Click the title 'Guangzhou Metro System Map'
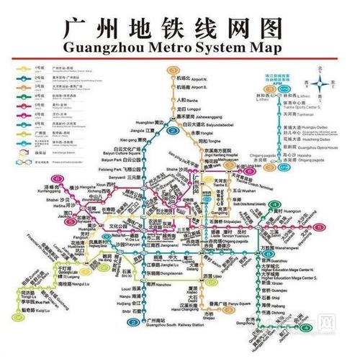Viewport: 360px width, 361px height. tap(180, 48)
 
